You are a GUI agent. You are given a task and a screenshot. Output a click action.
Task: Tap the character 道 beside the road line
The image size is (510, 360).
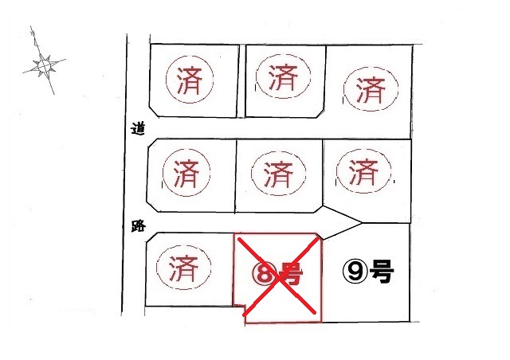click(138, 129)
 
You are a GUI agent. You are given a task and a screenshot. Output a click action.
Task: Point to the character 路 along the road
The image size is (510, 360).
click(139, 225)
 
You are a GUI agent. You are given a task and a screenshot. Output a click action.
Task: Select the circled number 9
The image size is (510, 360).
click(355, 272)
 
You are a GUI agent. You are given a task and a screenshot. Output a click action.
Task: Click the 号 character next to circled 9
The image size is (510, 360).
click(382, 272)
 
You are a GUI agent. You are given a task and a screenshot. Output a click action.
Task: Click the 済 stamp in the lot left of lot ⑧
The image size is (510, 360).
click(184, 268)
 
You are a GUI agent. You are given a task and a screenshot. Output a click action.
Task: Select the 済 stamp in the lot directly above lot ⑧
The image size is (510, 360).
click(278, 173)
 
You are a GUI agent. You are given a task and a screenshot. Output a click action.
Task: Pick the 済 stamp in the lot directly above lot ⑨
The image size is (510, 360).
click(363, 170)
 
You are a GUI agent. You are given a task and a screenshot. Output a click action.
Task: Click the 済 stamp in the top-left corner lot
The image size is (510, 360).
click(190, 79)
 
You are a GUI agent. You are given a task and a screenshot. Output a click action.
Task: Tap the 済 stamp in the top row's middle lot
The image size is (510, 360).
click(284, 76)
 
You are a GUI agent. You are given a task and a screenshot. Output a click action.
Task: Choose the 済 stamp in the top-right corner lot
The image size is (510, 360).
click(371, 88)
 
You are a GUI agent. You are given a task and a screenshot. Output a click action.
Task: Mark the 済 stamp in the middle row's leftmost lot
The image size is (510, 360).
click(186, 172)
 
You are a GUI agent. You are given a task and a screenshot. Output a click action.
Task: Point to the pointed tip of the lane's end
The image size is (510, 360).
click(362, 223)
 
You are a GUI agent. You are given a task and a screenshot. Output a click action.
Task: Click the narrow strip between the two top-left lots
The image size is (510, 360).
click(241, 81)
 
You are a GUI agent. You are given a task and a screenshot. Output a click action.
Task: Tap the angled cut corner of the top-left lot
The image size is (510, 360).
click(154, 111)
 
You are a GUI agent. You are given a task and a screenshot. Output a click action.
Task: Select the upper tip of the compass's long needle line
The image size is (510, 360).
click(31, 26)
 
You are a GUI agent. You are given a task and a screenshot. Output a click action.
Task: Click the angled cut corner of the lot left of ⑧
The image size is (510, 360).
click(151, 237)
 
